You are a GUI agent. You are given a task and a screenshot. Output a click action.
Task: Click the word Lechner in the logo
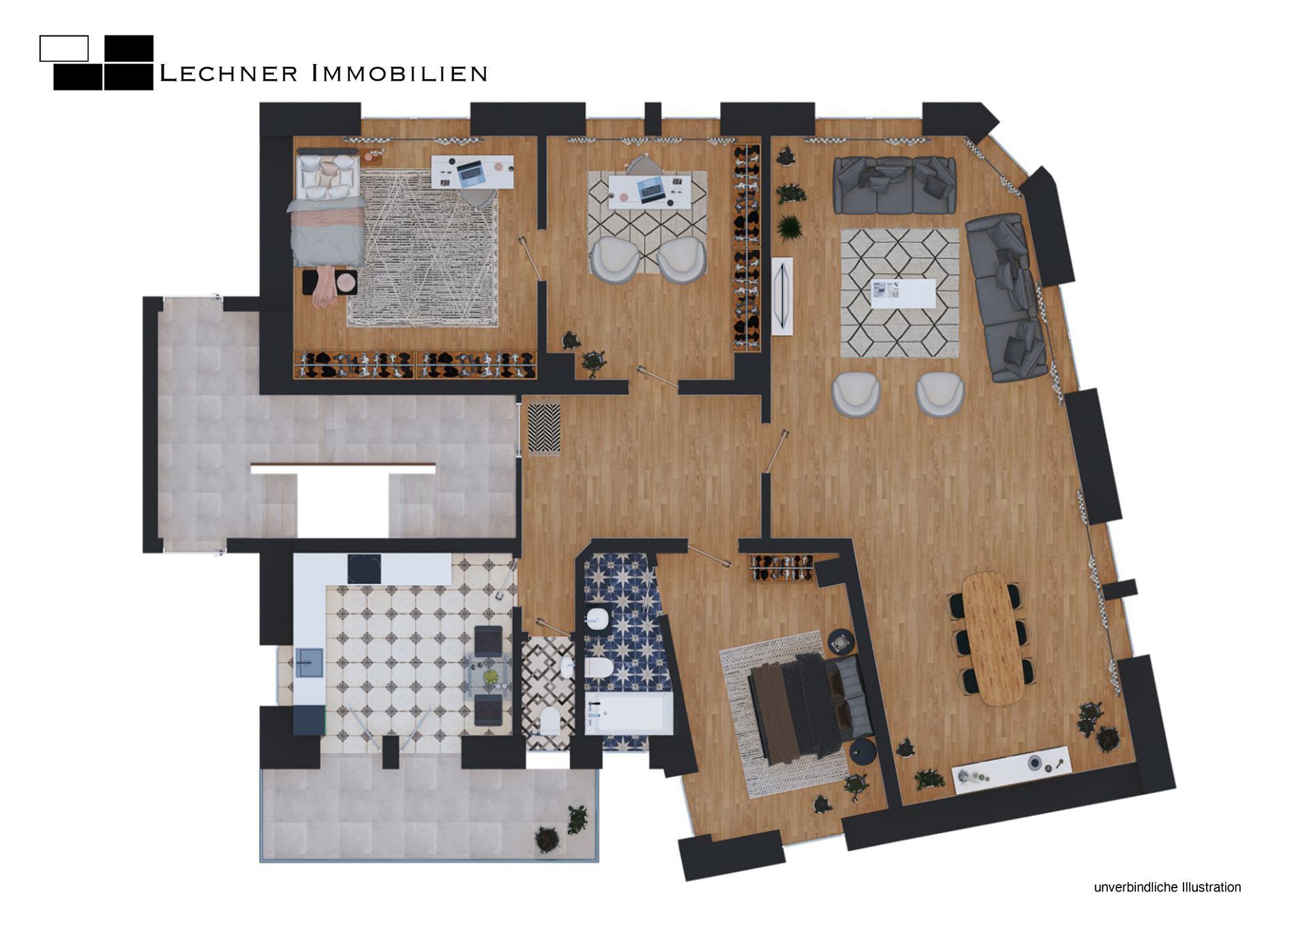click(x=228, y=73)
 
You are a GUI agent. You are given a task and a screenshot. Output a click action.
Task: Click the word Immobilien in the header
click(x=400, y=73)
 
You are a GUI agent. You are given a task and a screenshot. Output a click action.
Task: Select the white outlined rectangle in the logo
click(x=64, y=48)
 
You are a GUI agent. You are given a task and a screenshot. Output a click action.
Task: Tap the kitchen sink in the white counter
click(x=310, y=663)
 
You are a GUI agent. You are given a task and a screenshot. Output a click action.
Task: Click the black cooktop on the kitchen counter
click(x=365, y=568)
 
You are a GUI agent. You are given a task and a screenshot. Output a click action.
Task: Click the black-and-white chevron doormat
click(x=544, y=428)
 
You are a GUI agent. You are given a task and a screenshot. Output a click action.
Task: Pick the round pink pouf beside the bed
click(x=346, y=281)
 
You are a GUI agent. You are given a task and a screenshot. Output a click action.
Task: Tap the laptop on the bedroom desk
click(x=470, y=173)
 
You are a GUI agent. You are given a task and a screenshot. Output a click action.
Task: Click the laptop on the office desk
click(x=650, y=189)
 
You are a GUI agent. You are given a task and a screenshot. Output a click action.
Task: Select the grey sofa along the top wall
click(x=894, y=184)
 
